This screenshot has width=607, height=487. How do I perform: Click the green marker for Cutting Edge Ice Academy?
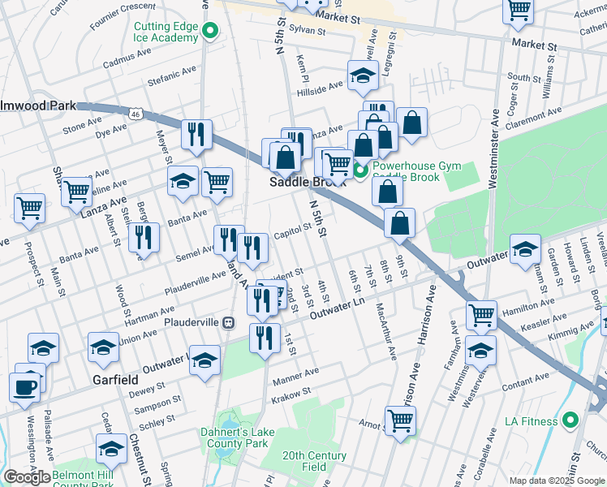(211, 32)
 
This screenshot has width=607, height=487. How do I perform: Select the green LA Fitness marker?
(570, 420)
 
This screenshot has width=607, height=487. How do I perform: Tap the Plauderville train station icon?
(229, 322)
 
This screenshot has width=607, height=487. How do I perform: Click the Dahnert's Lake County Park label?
(235, 438)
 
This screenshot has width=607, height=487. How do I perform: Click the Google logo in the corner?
(27, 477)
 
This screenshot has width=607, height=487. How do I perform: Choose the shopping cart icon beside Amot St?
(400, 421)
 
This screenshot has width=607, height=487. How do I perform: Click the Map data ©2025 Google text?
(556, 481)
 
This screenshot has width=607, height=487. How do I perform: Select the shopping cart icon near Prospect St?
(29, 208)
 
